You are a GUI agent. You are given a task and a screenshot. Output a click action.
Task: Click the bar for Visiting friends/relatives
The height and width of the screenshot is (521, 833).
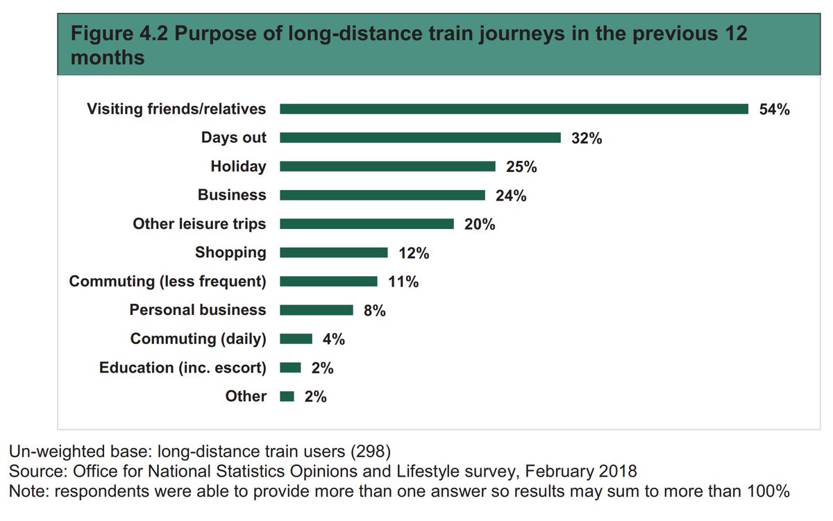coord(514,109)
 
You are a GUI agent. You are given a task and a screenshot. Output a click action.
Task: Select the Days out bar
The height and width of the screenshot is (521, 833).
coord(420,138)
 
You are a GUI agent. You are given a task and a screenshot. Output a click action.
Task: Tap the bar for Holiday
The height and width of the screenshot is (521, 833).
coord(387,166)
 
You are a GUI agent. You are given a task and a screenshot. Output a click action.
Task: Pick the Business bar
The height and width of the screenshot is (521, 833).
coord(382,196)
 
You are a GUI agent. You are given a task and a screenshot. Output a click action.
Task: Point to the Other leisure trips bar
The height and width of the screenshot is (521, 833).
coord(367,224)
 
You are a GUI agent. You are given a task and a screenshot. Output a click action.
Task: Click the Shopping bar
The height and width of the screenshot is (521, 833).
coord(333,253)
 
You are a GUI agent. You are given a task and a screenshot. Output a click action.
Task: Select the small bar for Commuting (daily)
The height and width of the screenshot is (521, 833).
coord(296,339)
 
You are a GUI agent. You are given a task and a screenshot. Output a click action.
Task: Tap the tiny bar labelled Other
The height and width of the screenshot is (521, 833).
coord(287,396)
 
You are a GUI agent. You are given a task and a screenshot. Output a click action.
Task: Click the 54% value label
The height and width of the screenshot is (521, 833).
coord(774,110)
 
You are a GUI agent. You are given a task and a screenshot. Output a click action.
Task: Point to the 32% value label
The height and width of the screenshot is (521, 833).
coord(587,138)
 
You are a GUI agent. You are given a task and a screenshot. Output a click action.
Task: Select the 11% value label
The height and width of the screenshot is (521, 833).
coord(403,282)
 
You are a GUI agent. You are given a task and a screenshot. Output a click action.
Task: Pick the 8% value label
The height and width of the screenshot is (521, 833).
coord(374,311)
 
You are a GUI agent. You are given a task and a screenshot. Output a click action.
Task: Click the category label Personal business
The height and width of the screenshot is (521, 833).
coord(197,310)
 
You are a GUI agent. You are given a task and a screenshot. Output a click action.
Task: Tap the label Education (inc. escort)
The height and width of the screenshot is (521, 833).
coord(183,368)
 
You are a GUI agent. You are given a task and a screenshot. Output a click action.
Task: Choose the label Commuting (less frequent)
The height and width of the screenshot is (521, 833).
coord(167,281)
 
